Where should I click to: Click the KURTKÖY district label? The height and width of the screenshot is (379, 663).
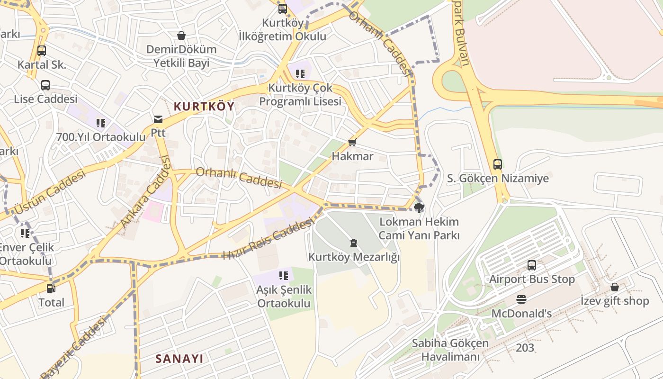coord(204,107)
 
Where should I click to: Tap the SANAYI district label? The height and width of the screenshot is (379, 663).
coord(179,359)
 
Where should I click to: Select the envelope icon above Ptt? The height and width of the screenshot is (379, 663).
coord(158,119)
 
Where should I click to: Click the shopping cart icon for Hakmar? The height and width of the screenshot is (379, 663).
coord(352,143)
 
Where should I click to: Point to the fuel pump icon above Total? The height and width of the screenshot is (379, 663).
coord(51,288)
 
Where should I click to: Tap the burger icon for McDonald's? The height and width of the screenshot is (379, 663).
coord(521,299)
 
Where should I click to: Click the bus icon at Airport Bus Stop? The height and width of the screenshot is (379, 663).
coord(532,265)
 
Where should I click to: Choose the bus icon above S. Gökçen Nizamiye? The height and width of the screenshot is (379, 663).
coord(498,164)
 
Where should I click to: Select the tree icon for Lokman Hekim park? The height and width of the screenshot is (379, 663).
coord(419,208)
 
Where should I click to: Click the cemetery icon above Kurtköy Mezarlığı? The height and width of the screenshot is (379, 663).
coord(353,244)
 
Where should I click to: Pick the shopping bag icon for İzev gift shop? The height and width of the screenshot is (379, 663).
coord(615,287)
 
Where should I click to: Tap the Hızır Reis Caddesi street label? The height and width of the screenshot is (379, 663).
coord(268,238)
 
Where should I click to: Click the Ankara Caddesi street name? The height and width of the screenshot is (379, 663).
coord(145,192)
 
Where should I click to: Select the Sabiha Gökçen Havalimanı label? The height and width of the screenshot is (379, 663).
coord(450,350)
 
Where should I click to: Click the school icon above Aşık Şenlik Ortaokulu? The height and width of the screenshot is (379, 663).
coord(284,276)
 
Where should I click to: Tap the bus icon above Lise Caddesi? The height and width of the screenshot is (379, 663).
coord(45,85)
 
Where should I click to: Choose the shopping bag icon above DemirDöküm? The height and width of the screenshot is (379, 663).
coord(181,36)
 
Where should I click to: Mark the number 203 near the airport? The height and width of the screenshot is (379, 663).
coord(525,348)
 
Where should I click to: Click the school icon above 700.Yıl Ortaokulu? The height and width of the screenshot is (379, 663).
coord(101,123)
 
